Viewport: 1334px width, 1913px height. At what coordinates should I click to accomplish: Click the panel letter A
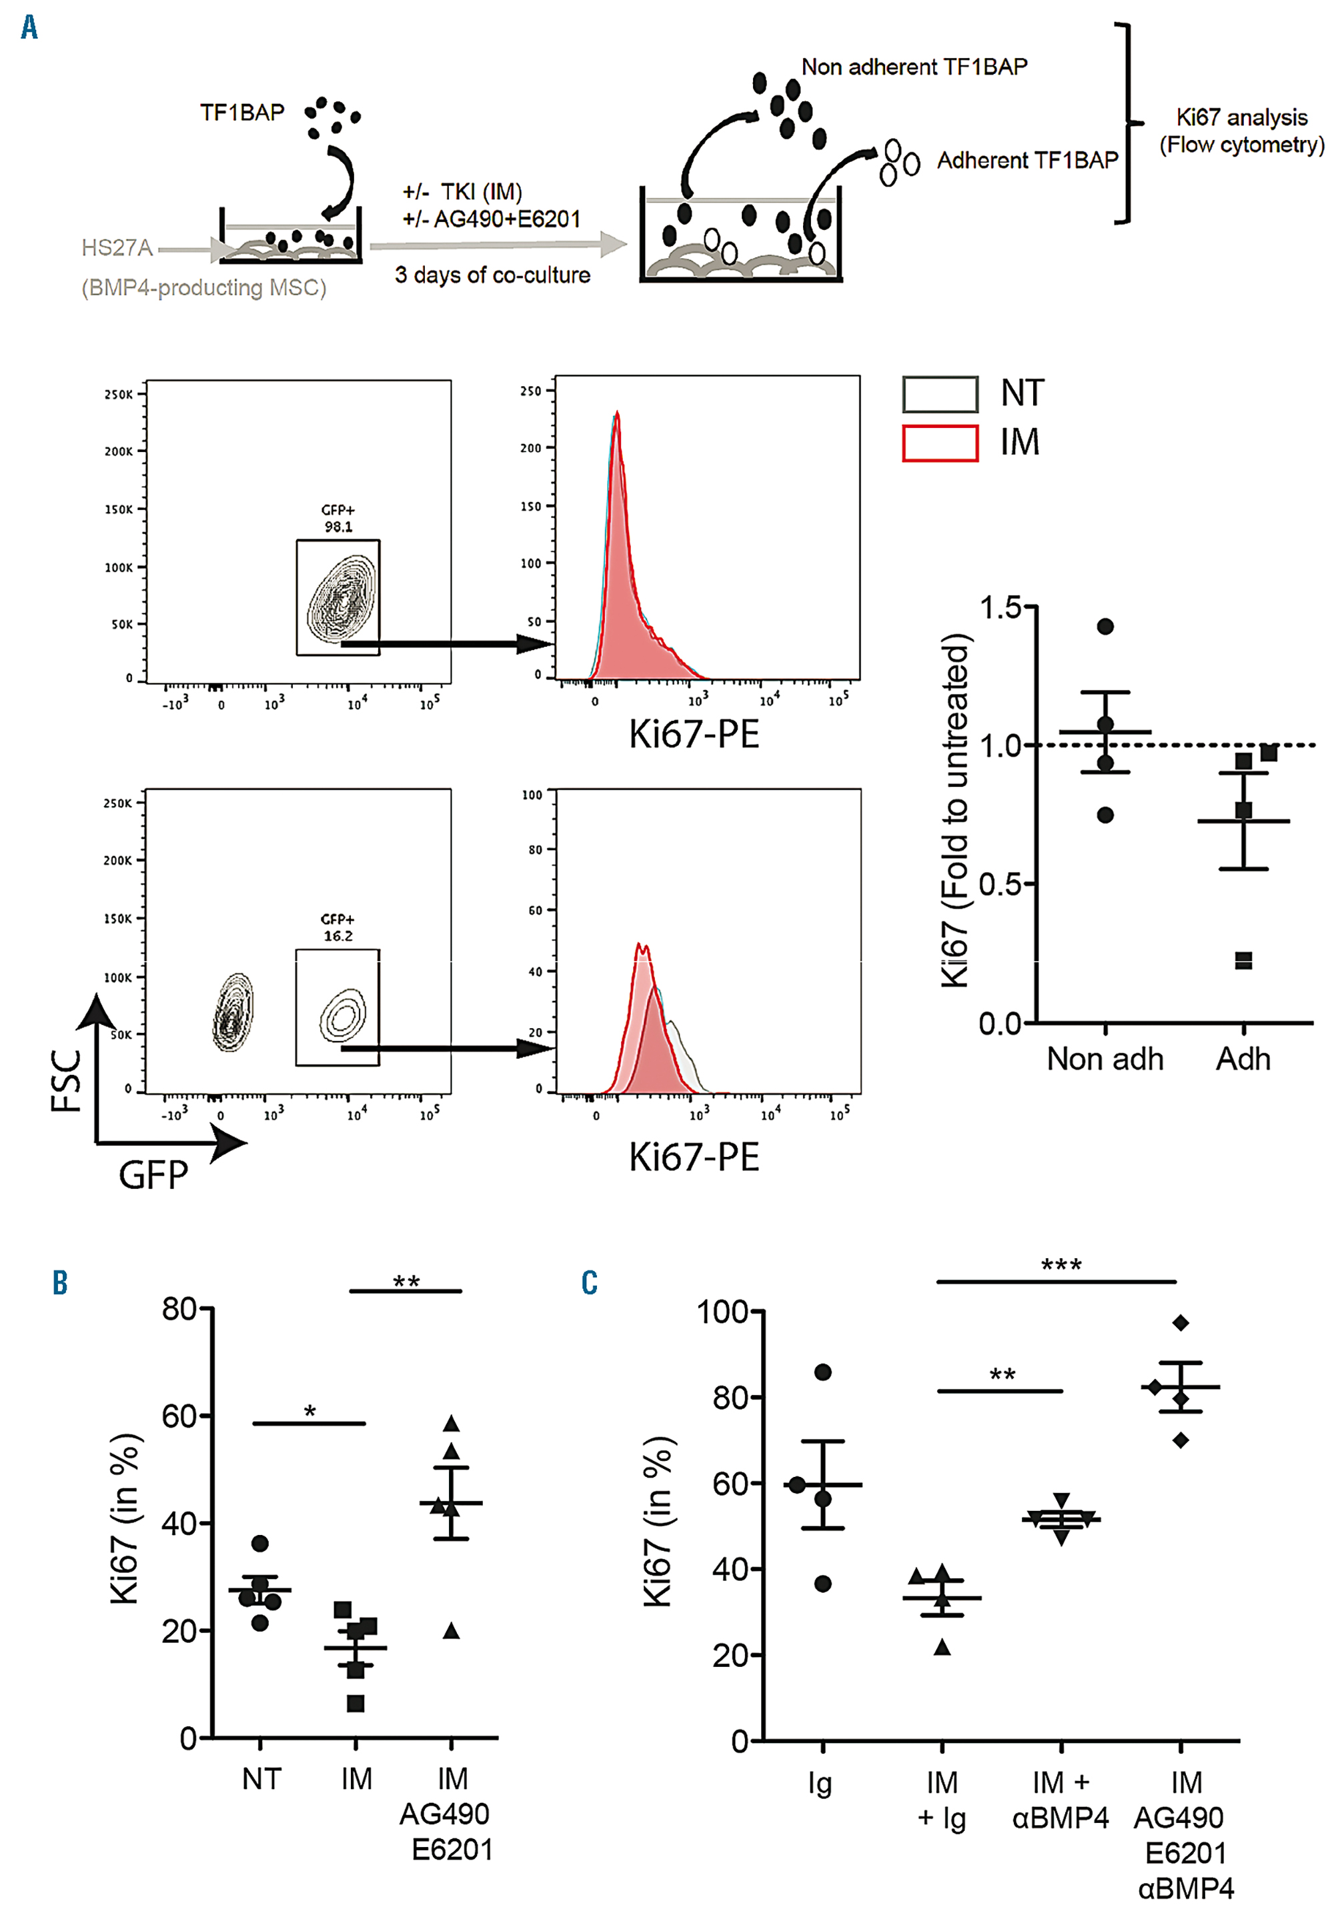[x=29, y=27]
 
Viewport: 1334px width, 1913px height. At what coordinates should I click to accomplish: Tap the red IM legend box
[x=940, y=443]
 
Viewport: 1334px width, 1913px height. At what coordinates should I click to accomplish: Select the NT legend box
[x=940, y=394]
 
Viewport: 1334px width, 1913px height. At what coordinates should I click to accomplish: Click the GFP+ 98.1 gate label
[x=338, y=518]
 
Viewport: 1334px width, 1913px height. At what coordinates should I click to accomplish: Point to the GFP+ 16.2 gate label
[x=338, y=927]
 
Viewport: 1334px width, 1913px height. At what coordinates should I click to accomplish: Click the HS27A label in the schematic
[x=117, y=247]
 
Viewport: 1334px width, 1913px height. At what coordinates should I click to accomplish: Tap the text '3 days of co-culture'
[x=492, y=275]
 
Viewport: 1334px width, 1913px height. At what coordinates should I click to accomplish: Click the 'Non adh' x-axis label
[x=1105, y=1059]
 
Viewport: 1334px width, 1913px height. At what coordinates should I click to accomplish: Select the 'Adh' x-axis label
[x=1243, y=1059]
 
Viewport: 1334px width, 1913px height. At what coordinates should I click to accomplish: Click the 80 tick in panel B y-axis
[x=179, y=1309]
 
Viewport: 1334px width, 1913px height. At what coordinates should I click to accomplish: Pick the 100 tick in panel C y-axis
[x=722, y=1312]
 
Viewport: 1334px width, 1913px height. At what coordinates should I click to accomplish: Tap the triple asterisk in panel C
[x=1061, y=1265]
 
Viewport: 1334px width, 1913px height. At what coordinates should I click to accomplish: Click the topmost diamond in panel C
[x=1180, y=1323]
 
